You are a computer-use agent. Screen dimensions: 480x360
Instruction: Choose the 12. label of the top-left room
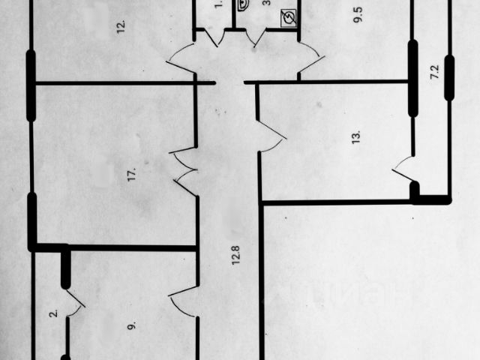(x=121, y=28)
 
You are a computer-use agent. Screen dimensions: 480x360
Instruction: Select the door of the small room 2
(x=75, y=301)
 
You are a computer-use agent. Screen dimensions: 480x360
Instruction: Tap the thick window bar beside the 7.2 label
(x=448, y=79)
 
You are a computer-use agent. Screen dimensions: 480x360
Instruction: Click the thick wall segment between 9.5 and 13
(x=412, y=78)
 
